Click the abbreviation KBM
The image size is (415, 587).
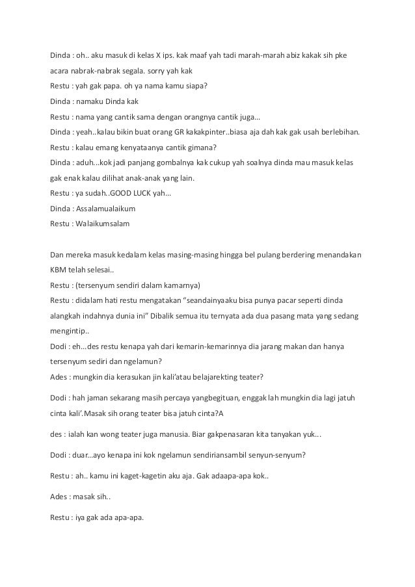coord(58,269)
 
